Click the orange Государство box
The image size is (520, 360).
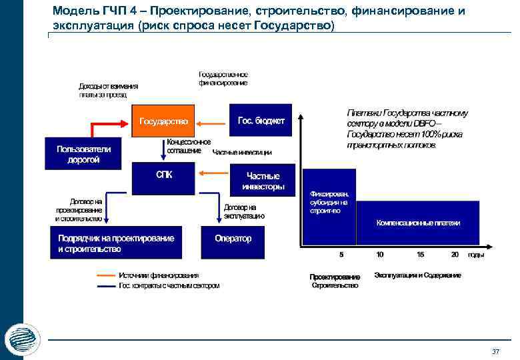point(163,121)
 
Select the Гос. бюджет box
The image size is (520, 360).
point(261,121)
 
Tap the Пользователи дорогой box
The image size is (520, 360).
point(78,154)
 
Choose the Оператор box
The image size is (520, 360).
point(233,238)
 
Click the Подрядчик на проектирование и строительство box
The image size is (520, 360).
point(115,243)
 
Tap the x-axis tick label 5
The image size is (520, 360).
point(341,255)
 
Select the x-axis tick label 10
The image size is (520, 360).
point(380,255)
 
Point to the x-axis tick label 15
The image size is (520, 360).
point(420,255)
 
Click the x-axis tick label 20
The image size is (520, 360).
point(455,255)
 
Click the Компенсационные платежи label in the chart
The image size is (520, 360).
point(418,223)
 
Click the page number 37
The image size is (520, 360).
point(495,351)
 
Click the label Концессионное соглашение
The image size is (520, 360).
point(188,146)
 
